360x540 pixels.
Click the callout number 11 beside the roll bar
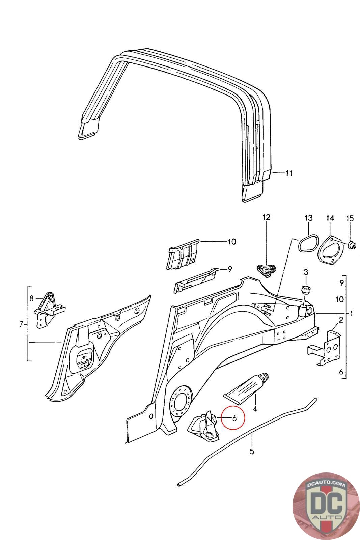click(x=289, y=173)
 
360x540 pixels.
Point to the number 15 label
click(x=350, y=218)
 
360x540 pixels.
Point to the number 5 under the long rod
click(x=252, y=451)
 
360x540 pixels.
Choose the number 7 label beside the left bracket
click(x=21, y=325)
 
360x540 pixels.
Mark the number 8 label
click(x=31, y=298)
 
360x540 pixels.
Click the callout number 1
click(x=351, y=314)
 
